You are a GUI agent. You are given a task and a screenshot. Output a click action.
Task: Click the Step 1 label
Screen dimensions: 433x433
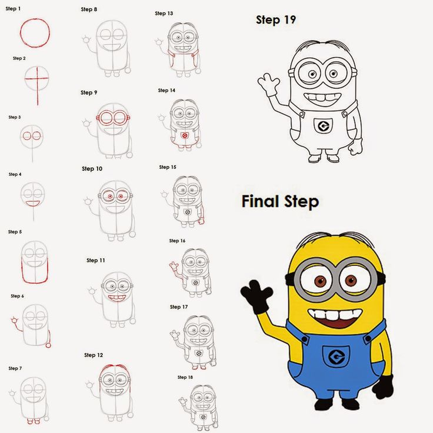pos(13,9)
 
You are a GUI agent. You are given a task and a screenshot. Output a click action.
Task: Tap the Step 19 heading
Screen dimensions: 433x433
pos(275,20)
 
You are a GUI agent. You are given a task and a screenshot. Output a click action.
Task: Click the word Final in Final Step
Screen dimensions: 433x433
pos(259,202)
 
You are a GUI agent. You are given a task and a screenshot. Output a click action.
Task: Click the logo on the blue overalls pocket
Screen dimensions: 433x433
pos(336,357)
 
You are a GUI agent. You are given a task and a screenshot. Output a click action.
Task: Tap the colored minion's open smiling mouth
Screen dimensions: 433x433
pos(335,318)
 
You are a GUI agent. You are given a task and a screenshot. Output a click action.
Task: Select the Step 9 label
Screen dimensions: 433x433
pos(89,92)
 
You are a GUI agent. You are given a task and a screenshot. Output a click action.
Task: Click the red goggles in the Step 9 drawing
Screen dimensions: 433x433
pos(113,118)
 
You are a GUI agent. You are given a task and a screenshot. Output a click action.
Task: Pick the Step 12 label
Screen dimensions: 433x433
pos(93,355)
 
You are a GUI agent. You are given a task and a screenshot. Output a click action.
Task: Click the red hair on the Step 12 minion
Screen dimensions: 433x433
pos(115,369)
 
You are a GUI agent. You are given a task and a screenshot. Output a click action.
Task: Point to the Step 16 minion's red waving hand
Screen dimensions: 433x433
pos(174,268)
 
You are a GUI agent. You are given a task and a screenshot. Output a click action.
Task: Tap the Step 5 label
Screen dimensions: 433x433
pos(15,232)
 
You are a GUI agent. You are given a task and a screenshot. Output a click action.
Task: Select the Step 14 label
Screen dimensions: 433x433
pos(166,91)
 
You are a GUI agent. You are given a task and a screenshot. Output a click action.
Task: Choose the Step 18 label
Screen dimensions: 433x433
pos(185,377)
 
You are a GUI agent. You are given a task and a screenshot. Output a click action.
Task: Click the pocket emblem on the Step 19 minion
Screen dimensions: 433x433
pos(322,125)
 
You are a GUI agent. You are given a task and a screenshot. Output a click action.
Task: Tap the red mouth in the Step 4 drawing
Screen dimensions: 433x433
pos(33,203)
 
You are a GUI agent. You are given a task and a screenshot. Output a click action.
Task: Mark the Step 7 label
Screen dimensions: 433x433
pos(15,368)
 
